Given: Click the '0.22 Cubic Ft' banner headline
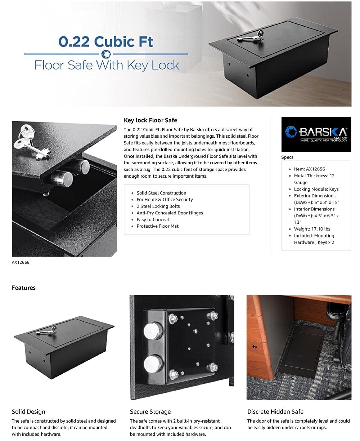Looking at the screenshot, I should click(x=106, y=41).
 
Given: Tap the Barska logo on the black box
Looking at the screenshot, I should click(x=316, y=133).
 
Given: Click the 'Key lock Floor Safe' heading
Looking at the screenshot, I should click(x=150, y=120).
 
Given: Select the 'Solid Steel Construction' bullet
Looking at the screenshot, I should click(x=161, y=193).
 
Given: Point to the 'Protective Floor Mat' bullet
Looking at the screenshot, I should click(x=157, y=226).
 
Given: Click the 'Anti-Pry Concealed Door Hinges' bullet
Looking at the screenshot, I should click(x=170, y=213).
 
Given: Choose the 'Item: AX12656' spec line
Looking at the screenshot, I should click(x=309, y=169).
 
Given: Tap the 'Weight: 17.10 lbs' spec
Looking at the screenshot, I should click(x=312, y=229).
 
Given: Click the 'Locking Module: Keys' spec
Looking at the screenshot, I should click(x=316, y=189).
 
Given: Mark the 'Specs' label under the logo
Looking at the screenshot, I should click(x=287, y=157).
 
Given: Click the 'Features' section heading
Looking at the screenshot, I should click(x=24, y=288).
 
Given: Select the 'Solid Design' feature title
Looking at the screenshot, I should click(x=28, y=411).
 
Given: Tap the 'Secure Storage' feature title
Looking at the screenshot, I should click(x=150, y=411).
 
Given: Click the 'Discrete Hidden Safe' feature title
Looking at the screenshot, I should click(x=275, y=411).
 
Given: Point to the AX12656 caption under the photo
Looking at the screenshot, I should click(x=21, y=262).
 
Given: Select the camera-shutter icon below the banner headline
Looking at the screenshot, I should click(x=106, y=54).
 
